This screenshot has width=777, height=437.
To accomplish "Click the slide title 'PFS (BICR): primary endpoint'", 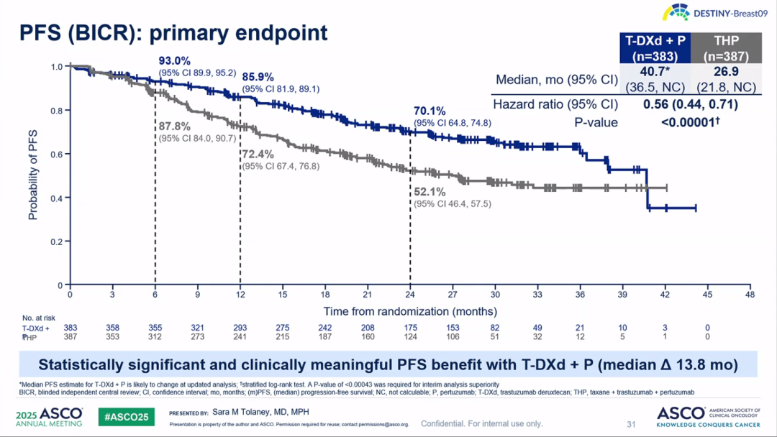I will click(173, 33).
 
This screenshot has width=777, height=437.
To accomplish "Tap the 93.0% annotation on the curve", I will click(175, 61).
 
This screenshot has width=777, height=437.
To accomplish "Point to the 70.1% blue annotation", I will click(430, 111).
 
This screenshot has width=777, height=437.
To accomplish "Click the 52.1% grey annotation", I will click(430, 193).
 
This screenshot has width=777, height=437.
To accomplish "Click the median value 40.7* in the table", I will click(655, 72).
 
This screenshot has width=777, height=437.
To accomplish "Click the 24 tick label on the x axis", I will click(410, 294).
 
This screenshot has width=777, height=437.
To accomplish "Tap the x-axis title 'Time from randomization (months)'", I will click(410, 311).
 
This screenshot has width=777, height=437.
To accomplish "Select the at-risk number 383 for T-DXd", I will click(71, 328).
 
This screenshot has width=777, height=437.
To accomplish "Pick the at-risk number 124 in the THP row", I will click(410, 337).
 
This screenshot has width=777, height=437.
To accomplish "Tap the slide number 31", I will click(632, 424).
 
